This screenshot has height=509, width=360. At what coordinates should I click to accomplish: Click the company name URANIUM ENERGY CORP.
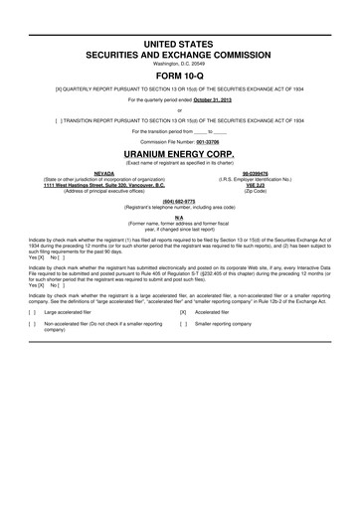click(x=180, y=155)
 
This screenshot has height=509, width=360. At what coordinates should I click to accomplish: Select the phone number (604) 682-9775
click(x=180, y=199)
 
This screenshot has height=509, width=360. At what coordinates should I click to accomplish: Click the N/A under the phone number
click(x=180, y=217)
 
